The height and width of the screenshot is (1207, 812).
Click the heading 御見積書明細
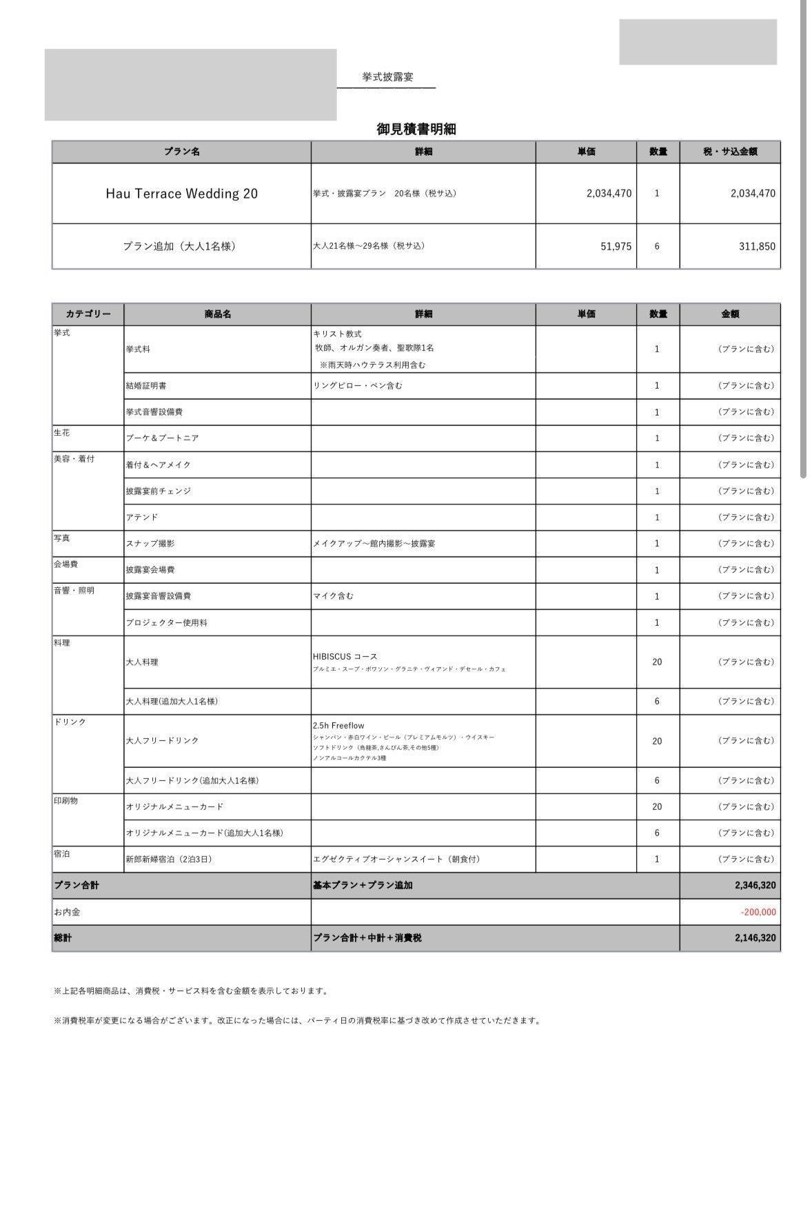coord(416,129)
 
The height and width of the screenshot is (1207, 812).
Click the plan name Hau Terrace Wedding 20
coord(181,194)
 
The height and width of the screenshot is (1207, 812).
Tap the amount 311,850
coord(756,246)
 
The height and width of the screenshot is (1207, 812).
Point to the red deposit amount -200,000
coord(758,912)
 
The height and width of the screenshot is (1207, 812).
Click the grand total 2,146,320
coord(755,938)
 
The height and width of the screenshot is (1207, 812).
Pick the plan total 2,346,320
coord(755,886)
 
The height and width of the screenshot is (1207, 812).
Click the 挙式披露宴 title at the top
coord(387,77)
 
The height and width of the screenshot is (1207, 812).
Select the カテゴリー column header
coord(88,314)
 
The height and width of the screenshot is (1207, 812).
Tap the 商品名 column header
coord(217,314)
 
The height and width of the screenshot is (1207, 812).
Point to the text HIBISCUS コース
coord(345,656)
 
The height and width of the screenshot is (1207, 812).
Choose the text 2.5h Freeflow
coord(338,726)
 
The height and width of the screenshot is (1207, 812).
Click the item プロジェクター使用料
coord(166,622)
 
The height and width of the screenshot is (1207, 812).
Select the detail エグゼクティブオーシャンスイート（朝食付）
coord(396,860)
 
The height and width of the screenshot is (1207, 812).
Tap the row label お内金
coord(67,912)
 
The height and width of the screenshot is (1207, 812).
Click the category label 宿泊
coord(61,854)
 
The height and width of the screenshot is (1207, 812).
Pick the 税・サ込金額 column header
coord(730,152)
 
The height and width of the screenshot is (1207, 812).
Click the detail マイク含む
coord(333,596)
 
